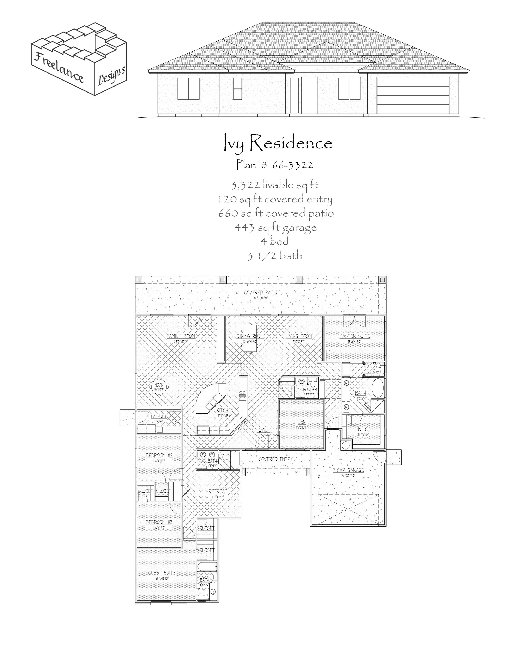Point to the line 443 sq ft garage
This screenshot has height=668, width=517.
[275, 228]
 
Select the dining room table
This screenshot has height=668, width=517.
[250, 338]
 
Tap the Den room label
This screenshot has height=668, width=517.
[301, 422]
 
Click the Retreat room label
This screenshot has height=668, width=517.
[218, 491]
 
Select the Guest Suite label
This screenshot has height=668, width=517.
[162, 573]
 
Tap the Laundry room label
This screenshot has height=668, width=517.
[159, 416]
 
